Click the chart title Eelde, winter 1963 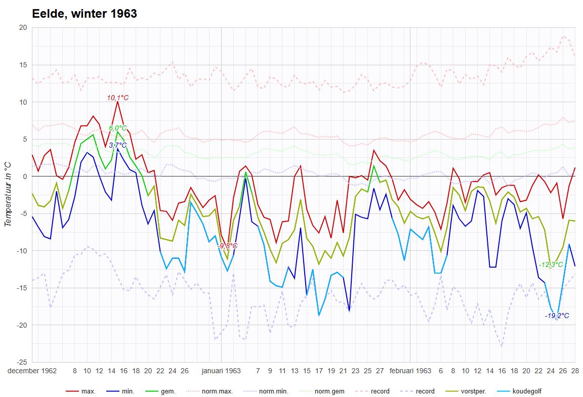[85, 14]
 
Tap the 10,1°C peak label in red [117, 98]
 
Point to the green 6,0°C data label [117, 128]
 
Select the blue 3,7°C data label [117, 145]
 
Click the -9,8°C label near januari [227, 246]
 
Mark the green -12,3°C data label [550, 264]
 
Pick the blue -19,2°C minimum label [557, 316]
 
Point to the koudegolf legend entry [526, 391]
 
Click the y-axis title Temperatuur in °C [8, 195]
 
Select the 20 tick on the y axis [22, 28]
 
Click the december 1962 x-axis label [32, 371]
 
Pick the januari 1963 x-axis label [221, 371]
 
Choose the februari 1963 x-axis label [410, 371]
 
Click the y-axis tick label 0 [24, 177]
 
